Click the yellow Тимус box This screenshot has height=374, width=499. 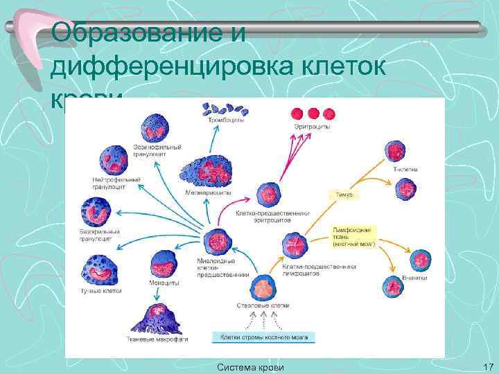(344, 195)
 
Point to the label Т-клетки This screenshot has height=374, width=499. (405, 168)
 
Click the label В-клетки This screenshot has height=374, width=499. (414, 277)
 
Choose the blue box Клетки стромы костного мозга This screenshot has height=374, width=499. (263, 337)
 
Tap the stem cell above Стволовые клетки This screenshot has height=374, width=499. (262, 286)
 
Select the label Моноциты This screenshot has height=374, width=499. (164, 283)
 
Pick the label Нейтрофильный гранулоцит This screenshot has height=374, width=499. (116, 183)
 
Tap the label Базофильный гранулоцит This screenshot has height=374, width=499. (100, 235)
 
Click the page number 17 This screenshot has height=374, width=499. (486, 366)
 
